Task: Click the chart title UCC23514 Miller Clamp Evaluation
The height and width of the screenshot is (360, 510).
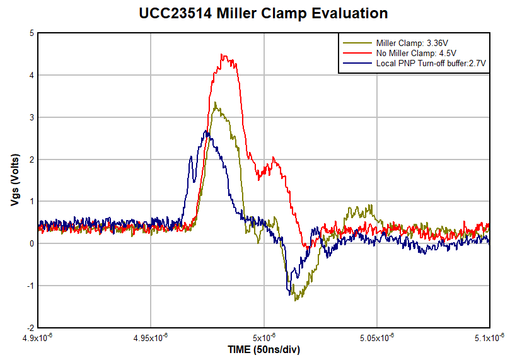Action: tap(264, 13)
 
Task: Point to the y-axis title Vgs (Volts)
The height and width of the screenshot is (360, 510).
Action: tap(14, 180)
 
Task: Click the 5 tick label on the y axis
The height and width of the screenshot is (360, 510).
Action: tap(31, 33)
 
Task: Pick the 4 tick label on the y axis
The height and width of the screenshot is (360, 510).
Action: tap(31, 75)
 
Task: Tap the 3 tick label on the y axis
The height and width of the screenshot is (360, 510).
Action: tap(31, 117)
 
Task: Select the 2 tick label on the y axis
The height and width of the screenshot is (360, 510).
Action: tap(31, 160)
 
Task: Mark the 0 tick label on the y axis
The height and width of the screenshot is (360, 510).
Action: tap(31, 243)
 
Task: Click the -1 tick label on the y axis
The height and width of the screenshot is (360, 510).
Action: tap(29, 286)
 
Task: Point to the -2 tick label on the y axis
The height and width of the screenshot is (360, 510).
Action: tap(29, 328)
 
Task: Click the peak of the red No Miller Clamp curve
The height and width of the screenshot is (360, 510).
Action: tap(222, 55)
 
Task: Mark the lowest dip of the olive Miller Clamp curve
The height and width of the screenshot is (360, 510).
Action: tap(296, 299)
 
